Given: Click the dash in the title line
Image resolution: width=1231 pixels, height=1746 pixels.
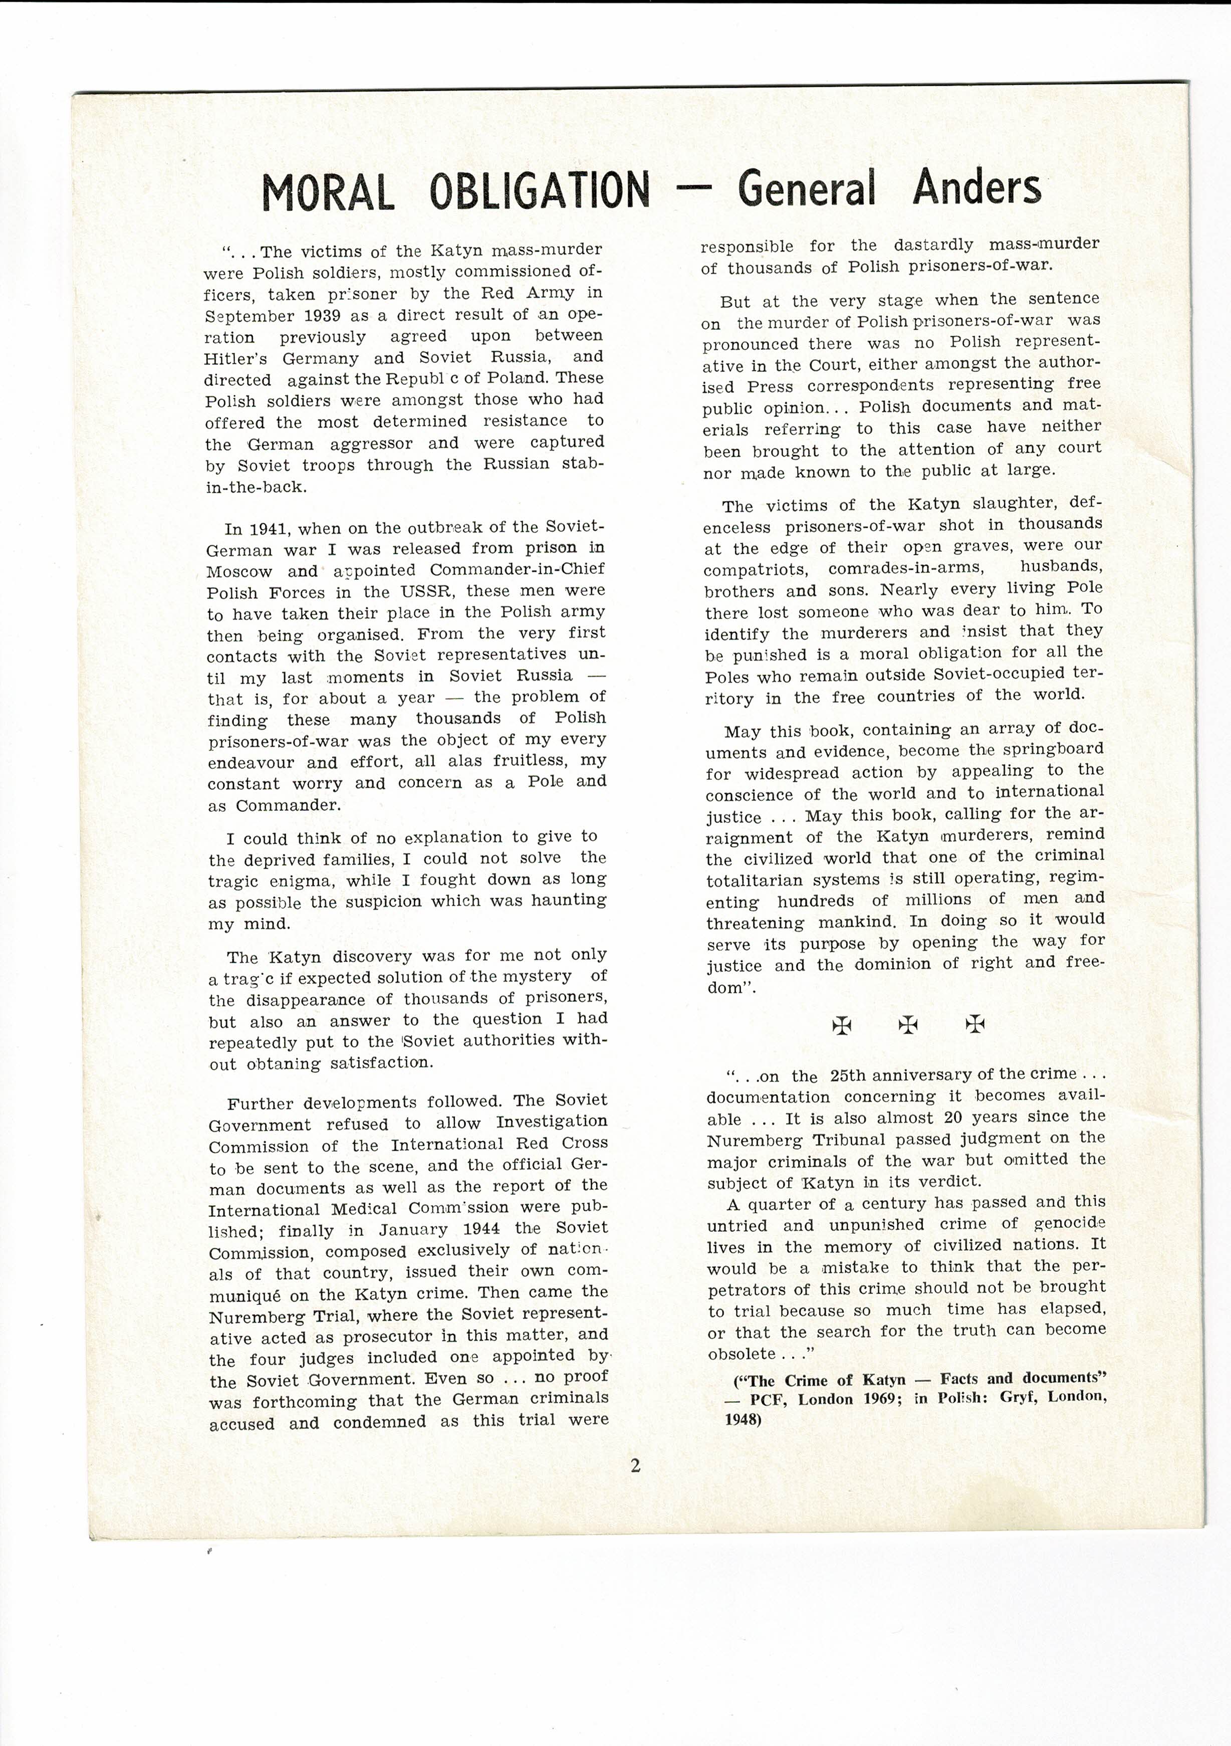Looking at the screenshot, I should (693, 190).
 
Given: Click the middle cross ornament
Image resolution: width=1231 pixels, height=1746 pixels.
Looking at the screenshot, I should (908, 1024).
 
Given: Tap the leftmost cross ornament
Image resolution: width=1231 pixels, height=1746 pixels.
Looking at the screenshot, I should (842, 1025).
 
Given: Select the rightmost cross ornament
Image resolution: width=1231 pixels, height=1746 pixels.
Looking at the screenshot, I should (975, 1024).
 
